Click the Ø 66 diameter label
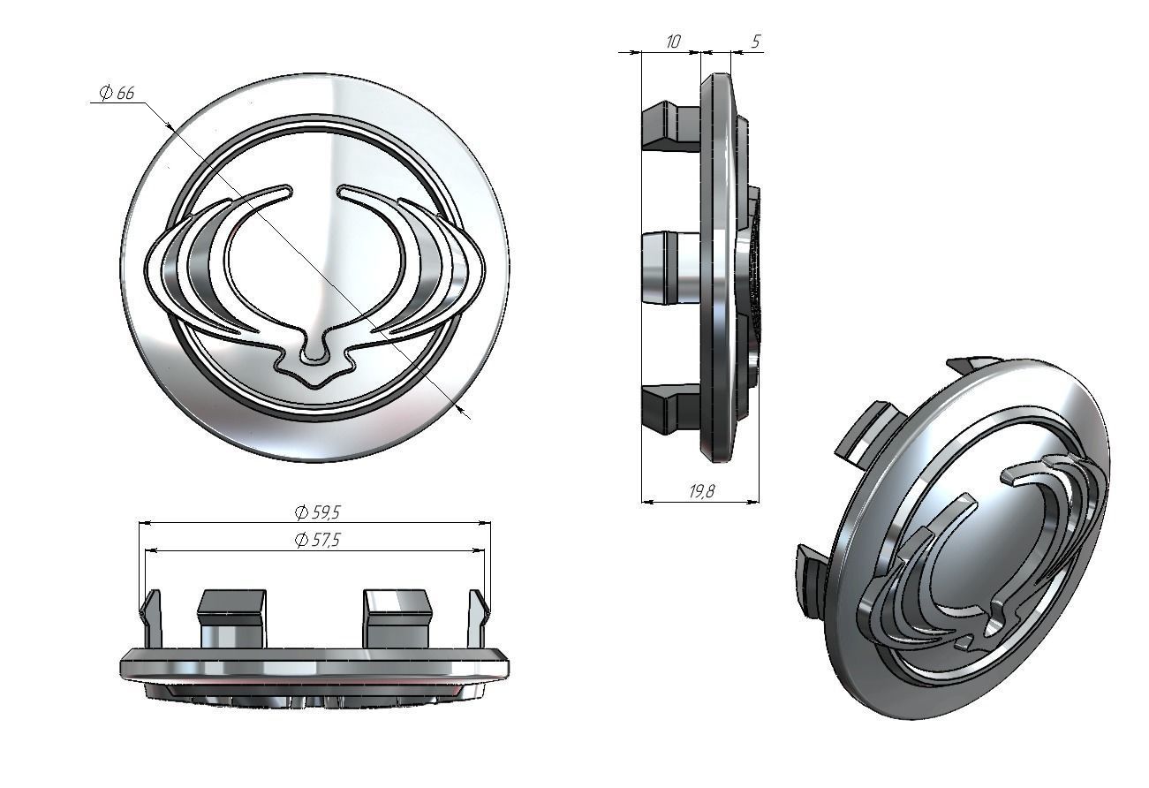(116, 93)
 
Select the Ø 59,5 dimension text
(316, 512)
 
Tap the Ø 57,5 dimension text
(316, 541)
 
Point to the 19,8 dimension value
(701, 492)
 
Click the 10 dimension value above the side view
(672, 42)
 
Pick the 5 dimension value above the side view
(755, 42)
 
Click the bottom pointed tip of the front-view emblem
(314, 385)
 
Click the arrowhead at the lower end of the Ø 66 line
(464, 411)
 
